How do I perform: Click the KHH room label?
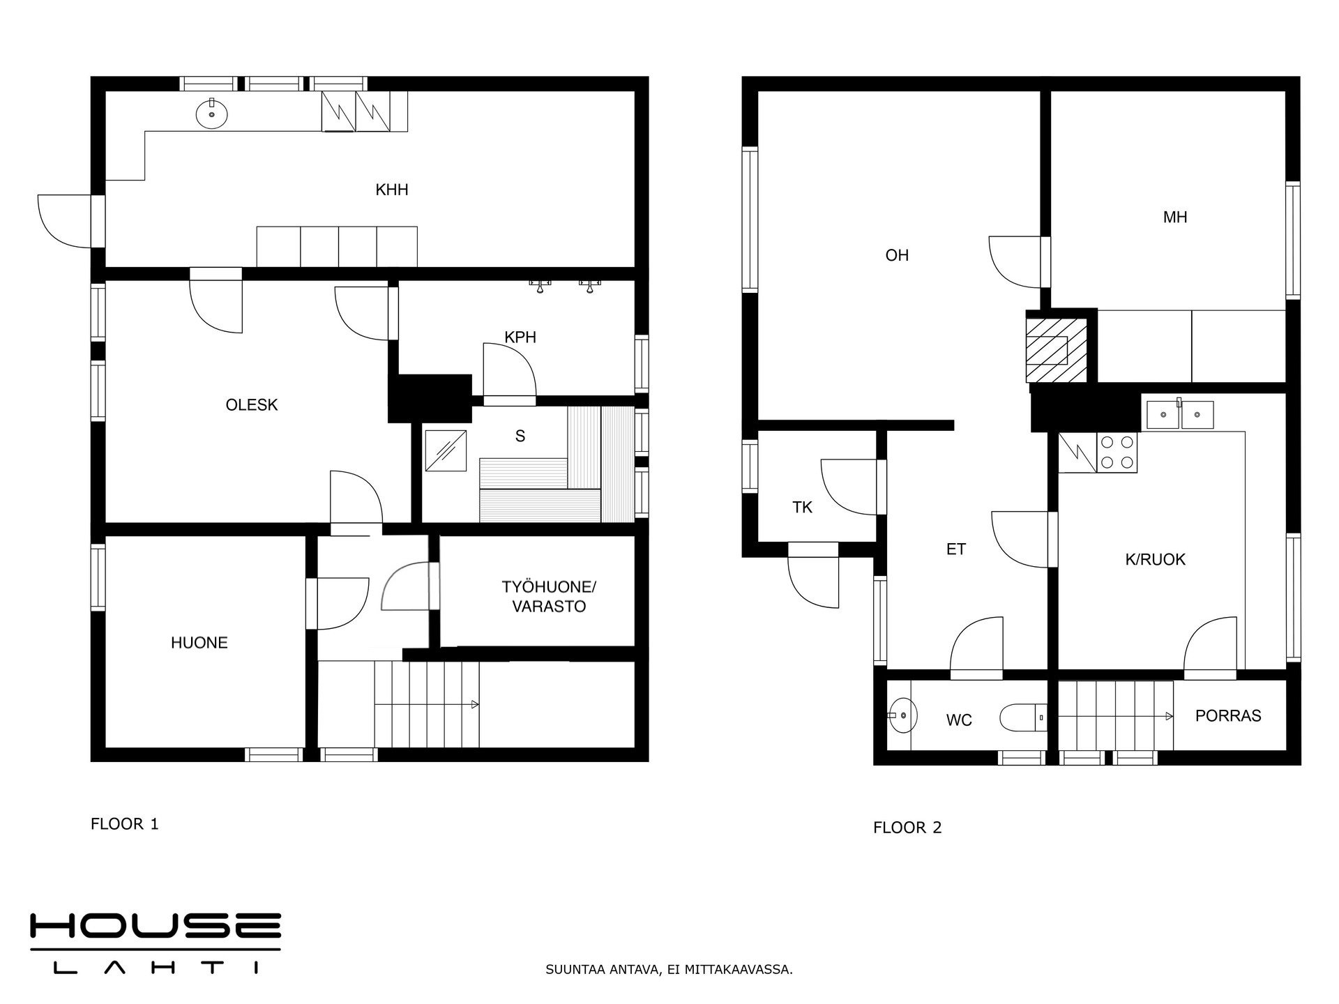(x=391, y=190)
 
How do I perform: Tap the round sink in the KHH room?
(x=211, y=114)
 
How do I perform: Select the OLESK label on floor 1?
(x=252, y=405)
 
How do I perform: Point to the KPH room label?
(x=520, y=337)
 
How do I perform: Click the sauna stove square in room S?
(x=445, y=451)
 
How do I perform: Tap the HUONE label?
(x=199, y=643)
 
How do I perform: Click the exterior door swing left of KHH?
(x=64, y=221)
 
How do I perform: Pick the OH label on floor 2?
(x=897, y=256)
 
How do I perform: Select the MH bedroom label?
(x=1175, y=218)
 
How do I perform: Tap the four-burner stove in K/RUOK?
(x=1117, y=452)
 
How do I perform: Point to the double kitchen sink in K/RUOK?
(x=1179, y=414)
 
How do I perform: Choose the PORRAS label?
(x=1228, y=716)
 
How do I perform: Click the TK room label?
(x=802, y=508)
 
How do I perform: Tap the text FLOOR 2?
(x=907, y=828)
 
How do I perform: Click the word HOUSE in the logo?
(x=155, y=926)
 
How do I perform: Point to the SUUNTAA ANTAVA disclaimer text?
(x=669, y=970)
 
